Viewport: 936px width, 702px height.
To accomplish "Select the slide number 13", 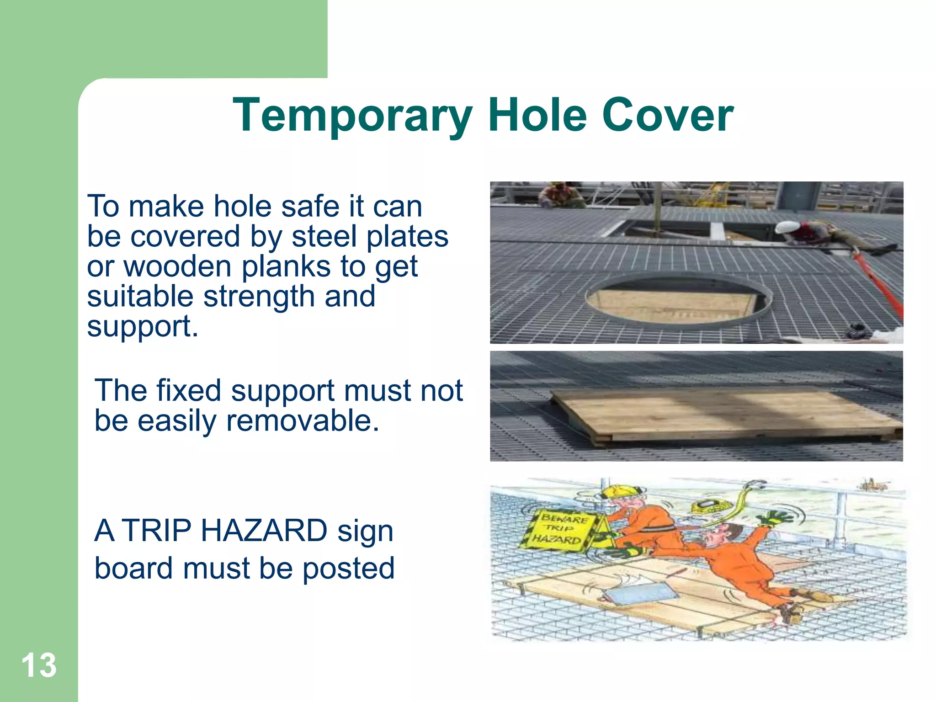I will (39, 665).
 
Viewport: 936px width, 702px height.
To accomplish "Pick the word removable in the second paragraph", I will (303, 420).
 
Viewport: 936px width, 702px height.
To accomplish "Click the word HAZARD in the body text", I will (264, 531).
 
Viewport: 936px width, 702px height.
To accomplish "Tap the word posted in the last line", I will (348, 568).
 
